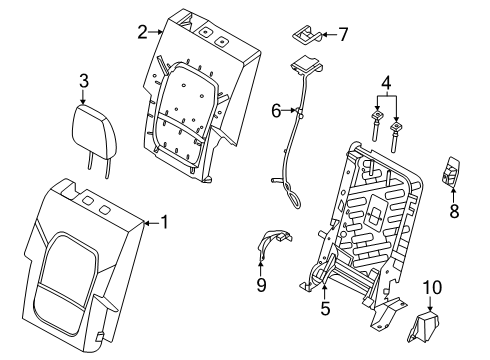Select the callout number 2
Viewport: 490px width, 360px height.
[143, 32]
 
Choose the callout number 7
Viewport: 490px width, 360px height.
[343, 34]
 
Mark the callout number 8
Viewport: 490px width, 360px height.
[456, 211]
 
